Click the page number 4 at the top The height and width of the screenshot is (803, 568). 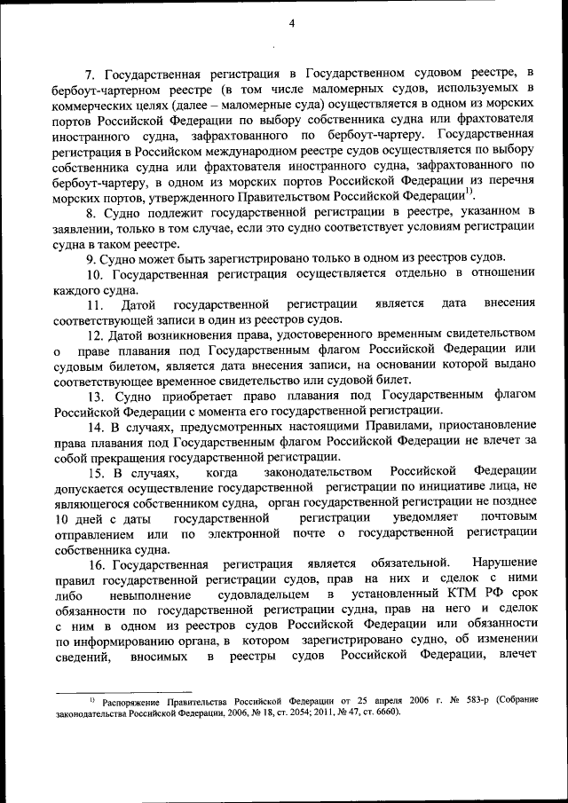click(291, 24)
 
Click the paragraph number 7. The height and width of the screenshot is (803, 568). click(88, 73)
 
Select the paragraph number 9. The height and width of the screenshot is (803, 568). click(90, 258)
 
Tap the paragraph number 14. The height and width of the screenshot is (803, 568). click(94, 427)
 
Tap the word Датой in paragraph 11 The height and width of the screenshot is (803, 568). click(137, 304)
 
